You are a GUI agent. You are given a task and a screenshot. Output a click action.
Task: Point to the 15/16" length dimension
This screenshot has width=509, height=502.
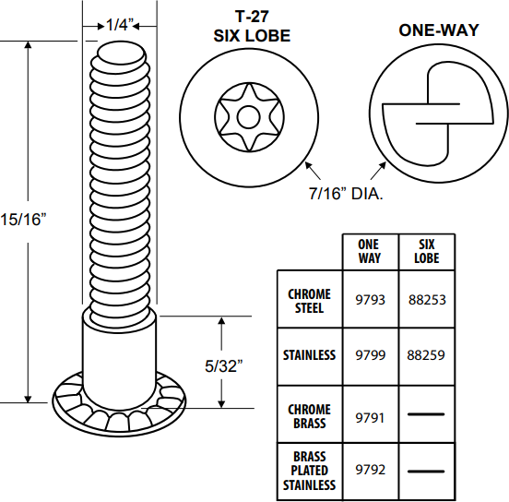point(22,220)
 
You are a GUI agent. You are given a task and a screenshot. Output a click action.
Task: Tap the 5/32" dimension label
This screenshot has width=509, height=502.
point(221,366)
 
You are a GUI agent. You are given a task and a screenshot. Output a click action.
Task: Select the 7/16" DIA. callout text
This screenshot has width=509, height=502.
point(345,194)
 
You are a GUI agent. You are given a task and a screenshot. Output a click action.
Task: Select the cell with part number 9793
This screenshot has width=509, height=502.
point(370,300)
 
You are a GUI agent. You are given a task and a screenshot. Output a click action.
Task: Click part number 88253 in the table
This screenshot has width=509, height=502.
point(426,300)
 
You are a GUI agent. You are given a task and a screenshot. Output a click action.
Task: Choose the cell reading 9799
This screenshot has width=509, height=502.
point(370,354)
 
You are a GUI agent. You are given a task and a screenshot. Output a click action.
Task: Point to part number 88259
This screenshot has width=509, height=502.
point(426,354)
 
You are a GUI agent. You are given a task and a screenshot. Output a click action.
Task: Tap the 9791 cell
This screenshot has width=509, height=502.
point(370,416)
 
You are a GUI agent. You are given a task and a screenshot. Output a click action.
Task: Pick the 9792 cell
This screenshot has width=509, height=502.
point(370,470)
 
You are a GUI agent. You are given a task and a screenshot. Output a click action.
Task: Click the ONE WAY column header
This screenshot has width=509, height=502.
point(369,251)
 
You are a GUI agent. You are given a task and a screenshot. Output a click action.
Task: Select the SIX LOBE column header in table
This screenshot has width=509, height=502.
point(426,251)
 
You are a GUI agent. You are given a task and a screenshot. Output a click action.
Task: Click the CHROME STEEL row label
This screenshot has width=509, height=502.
point(309,300)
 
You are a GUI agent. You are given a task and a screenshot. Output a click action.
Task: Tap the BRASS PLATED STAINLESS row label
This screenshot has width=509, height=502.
point(309,470)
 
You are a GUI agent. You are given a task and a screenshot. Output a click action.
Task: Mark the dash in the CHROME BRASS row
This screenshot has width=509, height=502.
point(426,416)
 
